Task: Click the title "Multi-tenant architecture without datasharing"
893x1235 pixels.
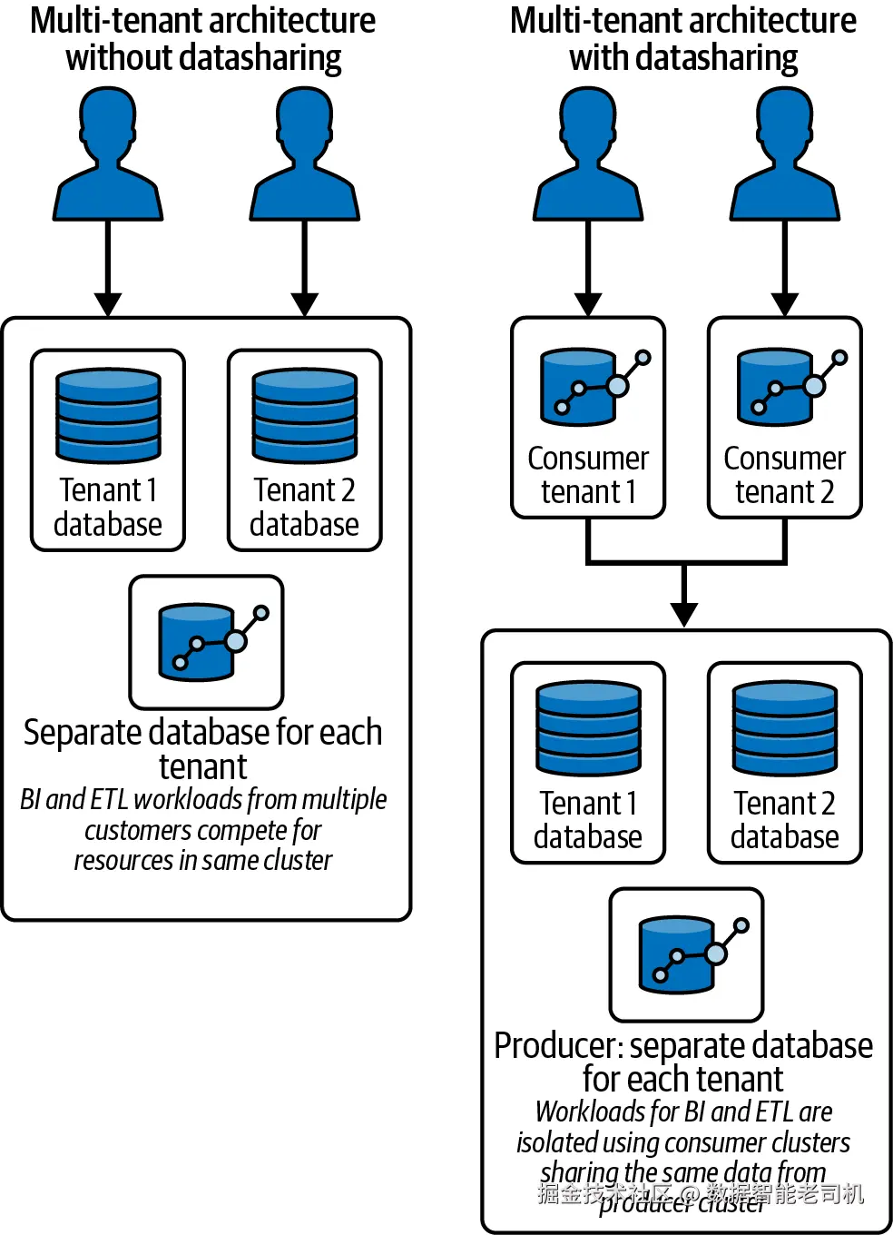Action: pos(203,39)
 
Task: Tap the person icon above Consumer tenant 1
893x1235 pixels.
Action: pos(588,154)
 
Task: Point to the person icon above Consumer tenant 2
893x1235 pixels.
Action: pos(785,154)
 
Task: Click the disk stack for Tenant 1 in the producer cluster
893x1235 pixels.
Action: pos(588,727)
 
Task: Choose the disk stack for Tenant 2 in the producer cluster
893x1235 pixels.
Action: pos(785,727)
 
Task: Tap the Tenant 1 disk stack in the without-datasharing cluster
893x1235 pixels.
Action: pos(108,415)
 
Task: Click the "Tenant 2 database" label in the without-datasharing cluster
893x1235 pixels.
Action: pos(304,508)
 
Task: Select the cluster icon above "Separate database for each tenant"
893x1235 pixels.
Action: pos(207,641)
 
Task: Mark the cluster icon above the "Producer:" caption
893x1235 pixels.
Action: pos(687,953)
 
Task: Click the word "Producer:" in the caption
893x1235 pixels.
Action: pos(558,1046)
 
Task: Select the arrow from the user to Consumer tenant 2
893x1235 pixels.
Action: pos(785,268)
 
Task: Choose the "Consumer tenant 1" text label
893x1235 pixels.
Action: pos(588,475)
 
